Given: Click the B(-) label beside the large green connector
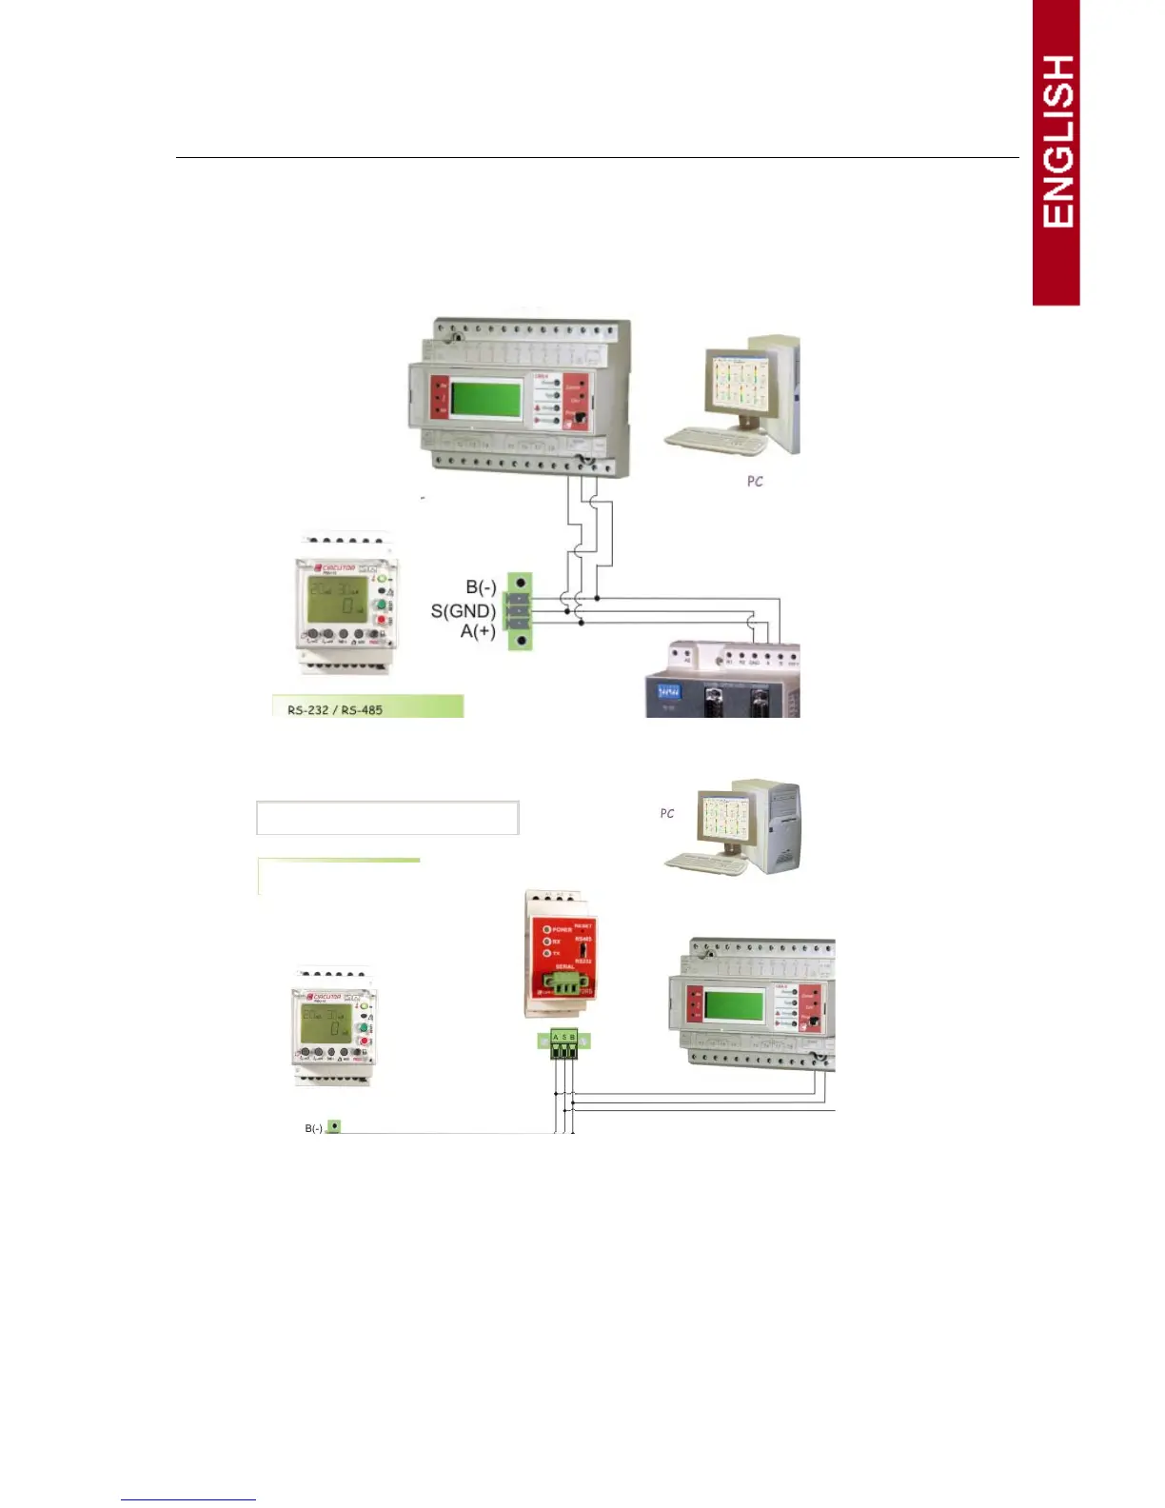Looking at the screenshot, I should pyautogui.click(x=481, y=587).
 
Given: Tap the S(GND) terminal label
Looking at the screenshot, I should pyautogui.click(x=463, y=610).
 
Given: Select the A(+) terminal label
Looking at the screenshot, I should pyautogui.click(x=478, y=630).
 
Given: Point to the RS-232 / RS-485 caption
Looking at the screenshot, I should pyautogui.click(x=335, y=709).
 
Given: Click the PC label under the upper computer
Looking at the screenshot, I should pyautogui.click(x=755, y=482).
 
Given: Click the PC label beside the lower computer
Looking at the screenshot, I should pyautogui.click(x=667, y=813).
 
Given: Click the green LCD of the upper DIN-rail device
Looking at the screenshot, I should pyautogui.click(x=485, y=396).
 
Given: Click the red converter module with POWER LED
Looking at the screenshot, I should pyautogui.click(x=560, y=952).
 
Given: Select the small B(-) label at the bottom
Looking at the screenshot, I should pyautogui.click(x=313, y=1128).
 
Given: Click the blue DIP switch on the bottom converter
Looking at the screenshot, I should pyautogui.click(x=668, y=690).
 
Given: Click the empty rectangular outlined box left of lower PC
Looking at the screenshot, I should pyautogui.click(x=387, y=818).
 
